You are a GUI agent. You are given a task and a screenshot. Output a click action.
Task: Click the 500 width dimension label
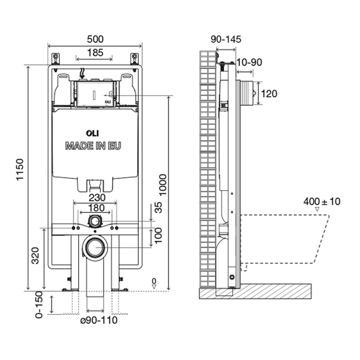click(x=95, y=39)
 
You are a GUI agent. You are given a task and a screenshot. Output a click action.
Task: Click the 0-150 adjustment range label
click(x=39, y=305)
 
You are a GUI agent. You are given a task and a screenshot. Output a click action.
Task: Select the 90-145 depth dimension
click(x=226, y=39)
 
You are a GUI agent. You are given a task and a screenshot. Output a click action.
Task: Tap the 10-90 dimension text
click(x=249, y=62)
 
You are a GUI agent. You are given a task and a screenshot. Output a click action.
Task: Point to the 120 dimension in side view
click(x=269, y=94)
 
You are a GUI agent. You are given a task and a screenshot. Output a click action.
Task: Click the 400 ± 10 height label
click(x=321, y=201)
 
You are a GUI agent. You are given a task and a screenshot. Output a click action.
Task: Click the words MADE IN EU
click(x=93, y=146)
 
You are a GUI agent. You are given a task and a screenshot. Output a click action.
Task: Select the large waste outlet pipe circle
click(x=95, y=247)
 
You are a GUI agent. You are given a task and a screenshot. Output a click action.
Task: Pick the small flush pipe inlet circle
click(x=95, y=220)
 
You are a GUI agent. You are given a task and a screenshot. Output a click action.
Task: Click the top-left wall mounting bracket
click(x=56, y=58)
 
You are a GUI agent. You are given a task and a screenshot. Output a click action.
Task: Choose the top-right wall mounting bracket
click(x=135, y=58)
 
